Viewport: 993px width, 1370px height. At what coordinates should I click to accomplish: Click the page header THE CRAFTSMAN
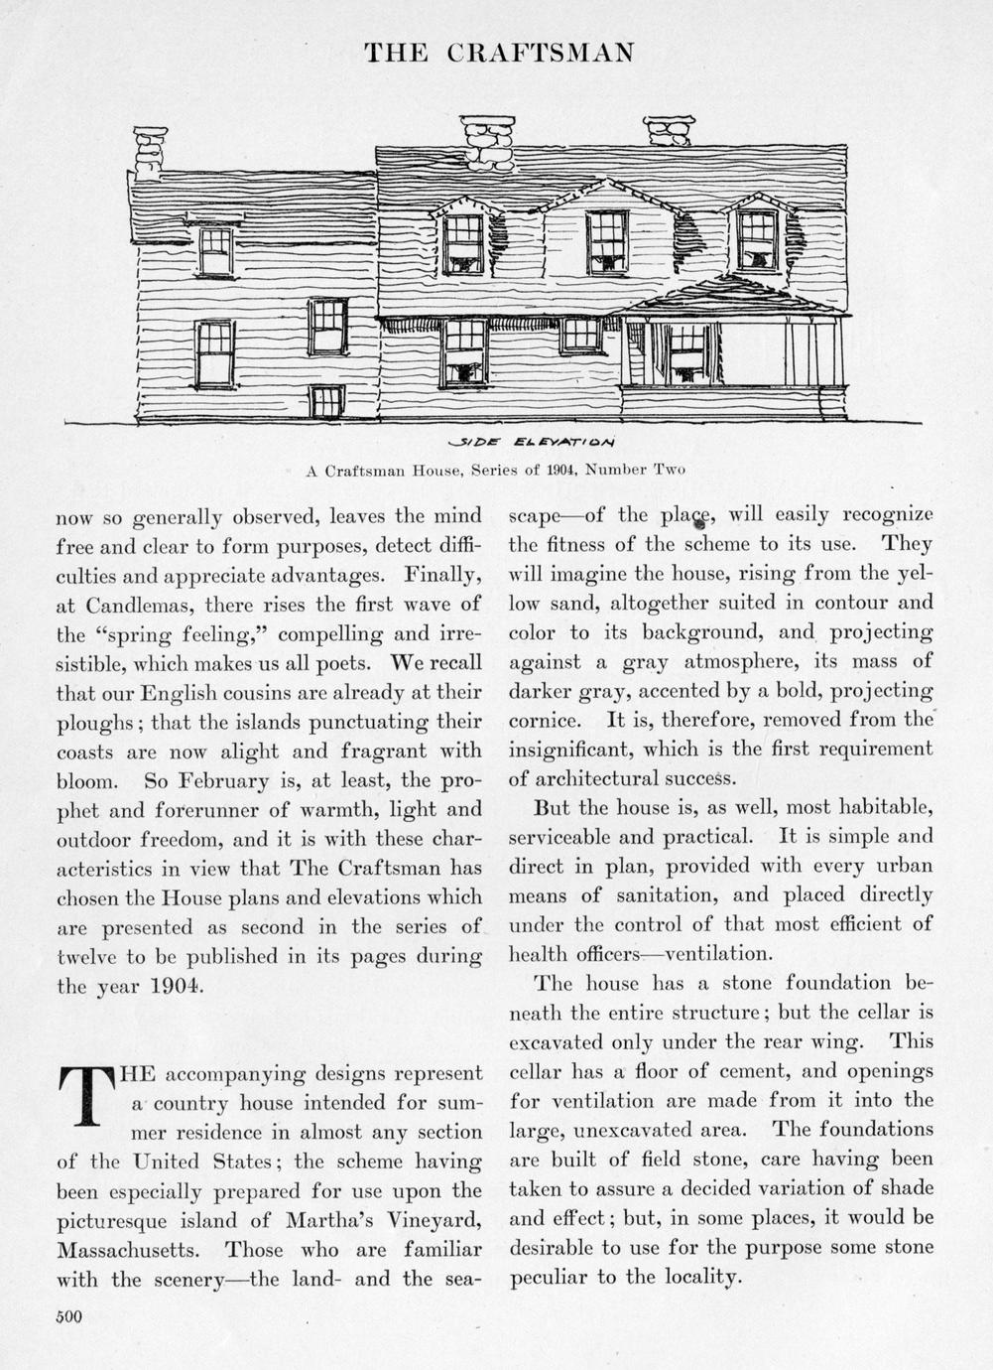click(499, 53)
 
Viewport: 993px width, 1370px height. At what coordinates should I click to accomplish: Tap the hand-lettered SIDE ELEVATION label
click(532, 442)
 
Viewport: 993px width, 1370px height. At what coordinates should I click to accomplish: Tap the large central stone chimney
click(487, 143)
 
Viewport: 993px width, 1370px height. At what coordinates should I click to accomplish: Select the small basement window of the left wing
click(326, 401)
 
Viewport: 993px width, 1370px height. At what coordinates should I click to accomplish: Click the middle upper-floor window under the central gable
click(606, 241)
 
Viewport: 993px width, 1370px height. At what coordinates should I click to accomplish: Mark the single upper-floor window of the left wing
click(215, 251)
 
